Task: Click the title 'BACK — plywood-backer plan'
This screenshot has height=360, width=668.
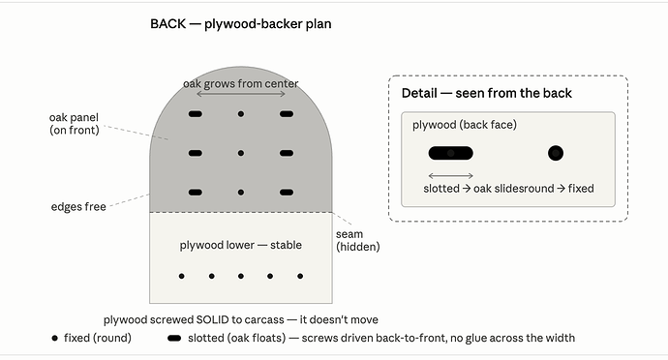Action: coord(241,24)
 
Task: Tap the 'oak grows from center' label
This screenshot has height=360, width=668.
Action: coord(241,83)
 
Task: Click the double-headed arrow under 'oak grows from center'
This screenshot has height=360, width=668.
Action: coord(241,94)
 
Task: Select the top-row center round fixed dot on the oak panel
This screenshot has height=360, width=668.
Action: coord(241,114)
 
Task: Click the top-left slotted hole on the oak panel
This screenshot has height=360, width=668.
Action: coord(196,114)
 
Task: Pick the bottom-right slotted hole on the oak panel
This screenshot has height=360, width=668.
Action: coord(287,193)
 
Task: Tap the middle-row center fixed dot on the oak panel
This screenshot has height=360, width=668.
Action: coord(241,153)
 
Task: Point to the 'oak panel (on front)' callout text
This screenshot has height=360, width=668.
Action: coord(75,124)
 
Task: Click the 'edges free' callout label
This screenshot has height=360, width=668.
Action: coord(78,207)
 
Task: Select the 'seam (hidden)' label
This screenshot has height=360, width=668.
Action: coord(358,240)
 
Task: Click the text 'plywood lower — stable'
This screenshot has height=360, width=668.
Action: coord(241,245)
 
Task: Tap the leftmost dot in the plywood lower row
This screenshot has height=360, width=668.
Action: coord(181,276)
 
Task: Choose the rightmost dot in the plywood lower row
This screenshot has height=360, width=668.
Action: coord(300,276)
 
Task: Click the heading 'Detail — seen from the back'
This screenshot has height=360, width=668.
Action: coord(487,93)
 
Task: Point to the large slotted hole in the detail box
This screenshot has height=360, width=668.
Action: coord(451,153)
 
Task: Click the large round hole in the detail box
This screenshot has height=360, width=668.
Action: coord(556,153)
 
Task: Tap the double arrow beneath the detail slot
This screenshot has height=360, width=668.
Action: coord(451,175)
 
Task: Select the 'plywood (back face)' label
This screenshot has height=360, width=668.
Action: coord(465,125)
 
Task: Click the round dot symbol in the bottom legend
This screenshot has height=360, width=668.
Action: coord(54,339)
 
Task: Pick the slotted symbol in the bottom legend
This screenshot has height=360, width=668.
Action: coord(174,339)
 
